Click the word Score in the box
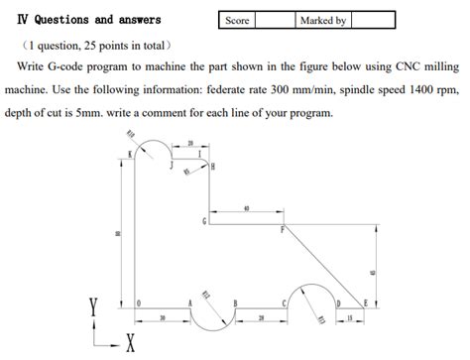(x=238, y=20)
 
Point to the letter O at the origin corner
(x=139, y=300)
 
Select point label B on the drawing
(x=235, y=301)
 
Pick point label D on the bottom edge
(x=338, y=301)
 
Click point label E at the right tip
(x=365, y=301)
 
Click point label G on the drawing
(x=204, y=220)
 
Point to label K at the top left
(x=129, y=154)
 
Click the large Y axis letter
(x=94, y=309)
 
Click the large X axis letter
(x=130, y=344)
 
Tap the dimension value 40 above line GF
(x=246, y=208)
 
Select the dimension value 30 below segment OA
(x=163, y=319)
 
